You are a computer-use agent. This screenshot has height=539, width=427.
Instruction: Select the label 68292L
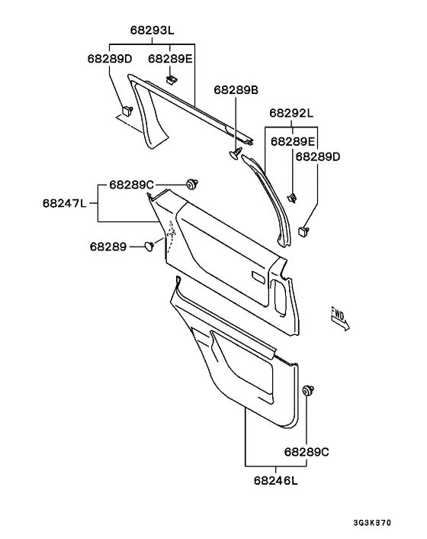pyautogui.click(x=291, y=114)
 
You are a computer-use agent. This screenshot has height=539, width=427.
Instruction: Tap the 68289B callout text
pyautogui.click(x=236, y=90)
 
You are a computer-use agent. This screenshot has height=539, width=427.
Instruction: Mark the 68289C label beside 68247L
pyautogui.click(x=132, y=184)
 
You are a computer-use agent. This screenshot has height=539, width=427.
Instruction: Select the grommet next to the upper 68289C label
pyautogui.click(x=193, y=183)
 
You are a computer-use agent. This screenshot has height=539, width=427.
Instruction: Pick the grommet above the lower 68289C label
pyautogui.click(x=309, y=391)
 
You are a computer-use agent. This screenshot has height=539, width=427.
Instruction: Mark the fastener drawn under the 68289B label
pyautogui.click(x=235, y=155)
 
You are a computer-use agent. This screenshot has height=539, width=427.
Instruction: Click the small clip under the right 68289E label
pyautogui.click(x=292, y=199)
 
